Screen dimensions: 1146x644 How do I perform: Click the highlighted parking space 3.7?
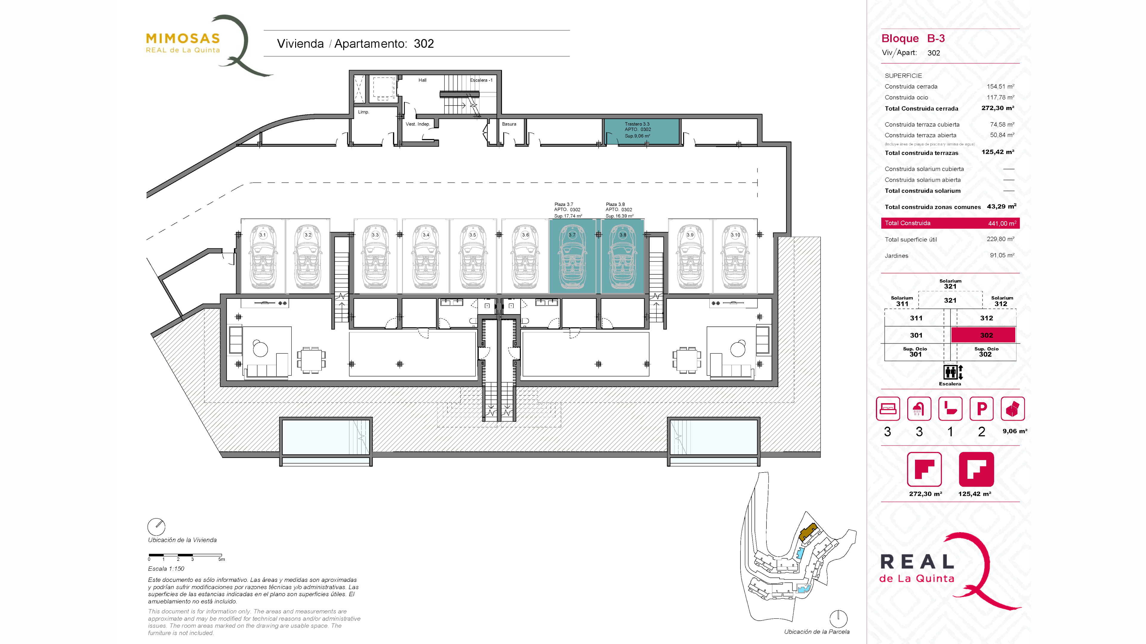(x=572, y=256)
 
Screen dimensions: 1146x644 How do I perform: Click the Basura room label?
(x=509, y=124)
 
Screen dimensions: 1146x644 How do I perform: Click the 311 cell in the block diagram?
(x=916, y=318)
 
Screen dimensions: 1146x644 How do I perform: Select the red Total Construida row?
(x=950, y=223)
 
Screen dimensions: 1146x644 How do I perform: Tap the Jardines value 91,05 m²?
(x=1002, y=256)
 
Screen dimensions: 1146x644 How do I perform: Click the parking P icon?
(x=981, y=408)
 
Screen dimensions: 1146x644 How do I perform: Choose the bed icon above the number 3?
(x=888, y=408)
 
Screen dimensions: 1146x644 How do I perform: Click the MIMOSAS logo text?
(x=183, y=39)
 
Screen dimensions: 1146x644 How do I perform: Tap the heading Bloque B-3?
(x=913, y=39)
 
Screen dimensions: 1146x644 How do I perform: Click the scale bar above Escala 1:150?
(x=185, y=555)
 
